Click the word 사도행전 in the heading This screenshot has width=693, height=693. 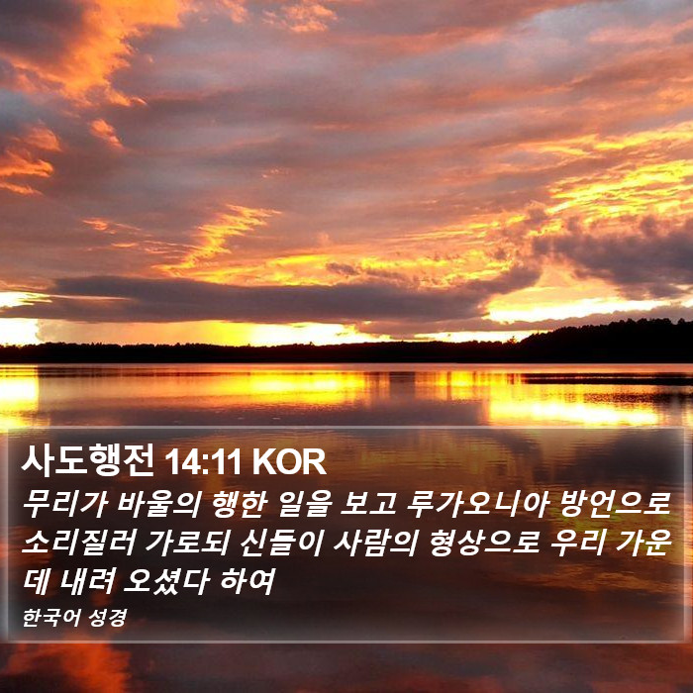pyautogui.click(x=88, y=460)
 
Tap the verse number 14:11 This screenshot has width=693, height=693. pyautogui.click(x=202, y=462)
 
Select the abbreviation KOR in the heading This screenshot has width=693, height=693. pyautogui.click(x=289, y=462)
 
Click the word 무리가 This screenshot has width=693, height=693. pyautogui.click(x=65, y=504)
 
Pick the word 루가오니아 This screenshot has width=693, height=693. pyautogui.click(x=477, y=504)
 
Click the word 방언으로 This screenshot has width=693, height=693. pyautogui.click(x=616, y=504)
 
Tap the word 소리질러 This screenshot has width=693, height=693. pyautogui.click(x=78, y=543)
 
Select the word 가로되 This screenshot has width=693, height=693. pyautogui.click(x=188, y=543)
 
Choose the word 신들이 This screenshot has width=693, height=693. pyautogui.click(x=282, y=543)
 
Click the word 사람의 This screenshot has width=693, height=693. pyautogui.click(x=376, y=543)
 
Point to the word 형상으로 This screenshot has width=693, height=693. pyautogui.click(x=484, y=543)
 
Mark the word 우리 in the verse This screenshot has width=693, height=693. pyautogui.click(x=578, y=543)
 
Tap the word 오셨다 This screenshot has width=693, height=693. pyautogui.click(x=166, y=581)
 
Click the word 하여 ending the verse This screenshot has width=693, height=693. pyautogui.click(x=247, y=581)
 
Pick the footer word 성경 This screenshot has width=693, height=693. pyautogui.click(x=108, y=618)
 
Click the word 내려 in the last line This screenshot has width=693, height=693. pyautogui.click(x=87, y=581)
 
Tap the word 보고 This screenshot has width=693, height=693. pyautogui.click(x=368, y=504)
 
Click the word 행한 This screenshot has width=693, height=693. pyautogui.click(x=240, y=504)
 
